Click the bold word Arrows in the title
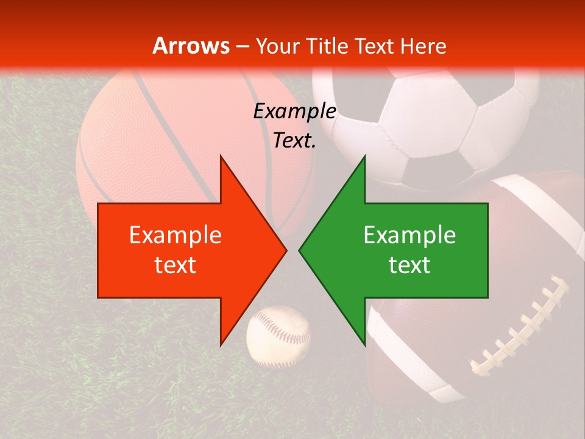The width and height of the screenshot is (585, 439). [191, 46]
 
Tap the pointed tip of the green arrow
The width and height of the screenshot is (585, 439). [301, 250]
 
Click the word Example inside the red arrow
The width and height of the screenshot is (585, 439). [175, 235]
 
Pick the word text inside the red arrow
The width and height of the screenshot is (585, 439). [175, 265]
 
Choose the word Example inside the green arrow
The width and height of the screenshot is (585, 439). [409, 235]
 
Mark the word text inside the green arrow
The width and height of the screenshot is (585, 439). [409, 265]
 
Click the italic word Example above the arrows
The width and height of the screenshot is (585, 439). [294, 112]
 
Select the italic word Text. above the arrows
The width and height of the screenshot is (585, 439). [294, 140]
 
